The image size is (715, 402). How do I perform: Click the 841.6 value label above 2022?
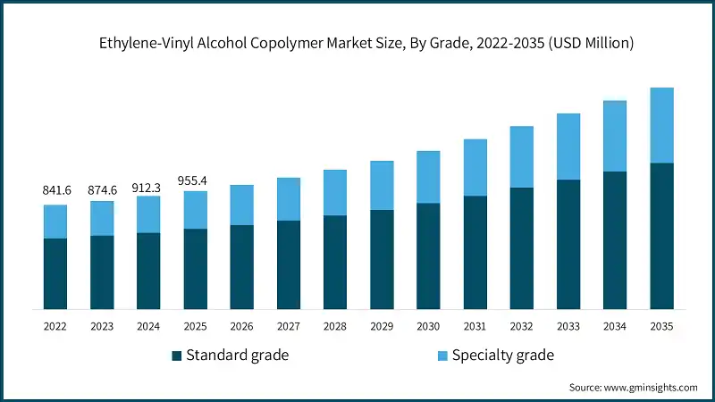(55, 190)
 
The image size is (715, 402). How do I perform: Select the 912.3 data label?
(148, 188)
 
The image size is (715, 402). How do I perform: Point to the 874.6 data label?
(102, 190)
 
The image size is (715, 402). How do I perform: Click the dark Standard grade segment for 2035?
(661, 236)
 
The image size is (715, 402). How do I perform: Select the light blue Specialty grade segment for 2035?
(661, 125)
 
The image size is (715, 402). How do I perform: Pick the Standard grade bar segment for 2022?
(55, 273)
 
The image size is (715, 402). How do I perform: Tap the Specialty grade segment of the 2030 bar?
(428, 177)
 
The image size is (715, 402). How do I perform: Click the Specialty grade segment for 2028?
(335, 192)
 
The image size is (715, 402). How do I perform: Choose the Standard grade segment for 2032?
(521, 248)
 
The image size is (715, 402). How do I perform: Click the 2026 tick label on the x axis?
(241, 327)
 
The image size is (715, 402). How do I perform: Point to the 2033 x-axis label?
(568, 327)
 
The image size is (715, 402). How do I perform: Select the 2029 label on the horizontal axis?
(382, 327)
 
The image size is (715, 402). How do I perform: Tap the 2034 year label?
(615, 327)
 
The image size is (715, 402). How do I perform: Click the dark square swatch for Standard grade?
(177, 356)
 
